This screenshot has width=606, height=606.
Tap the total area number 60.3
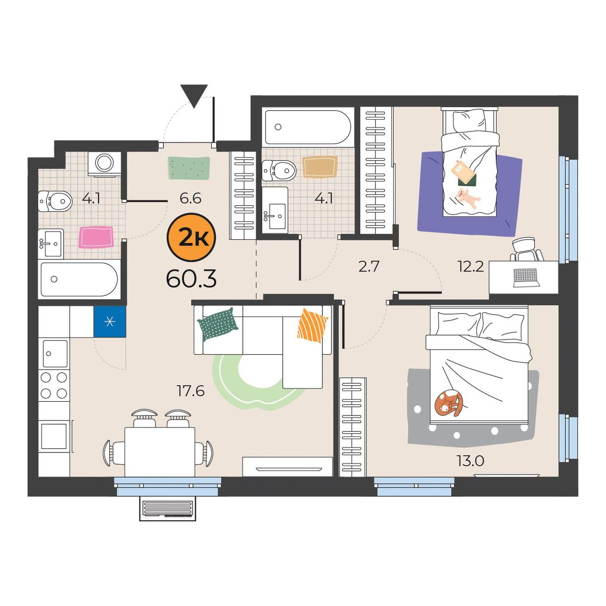pos(191,279)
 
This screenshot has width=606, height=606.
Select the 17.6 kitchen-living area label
pos(191,391)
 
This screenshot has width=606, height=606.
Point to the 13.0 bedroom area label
pos(470,461)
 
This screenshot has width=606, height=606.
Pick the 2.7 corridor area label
pos(369,267)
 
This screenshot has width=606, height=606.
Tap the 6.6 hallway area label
pos(191,198)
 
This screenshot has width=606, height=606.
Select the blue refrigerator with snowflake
pos(110,321)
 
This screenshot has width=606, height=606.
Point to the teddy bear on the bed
pos(468,198)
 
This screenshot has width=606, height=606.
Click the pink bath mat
pos(95,237)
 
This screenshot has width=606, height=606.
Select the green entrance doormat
pos(189,168)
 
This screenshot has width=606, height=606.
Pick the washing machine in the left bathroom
pos(104,164)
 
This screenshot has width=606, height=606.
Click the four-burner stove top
pos(54,385)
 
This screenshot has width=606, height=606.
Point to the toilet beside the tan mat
pos(279,170)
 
